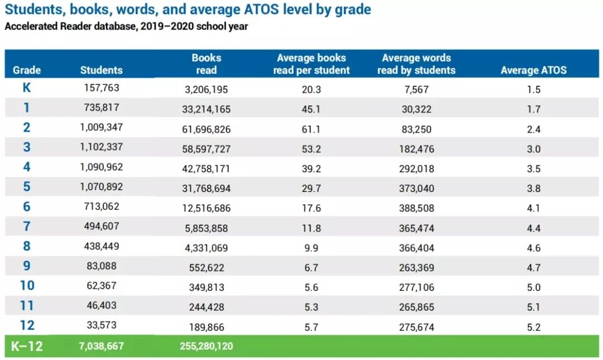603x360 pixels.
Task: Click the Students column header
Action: [x=101, y=70]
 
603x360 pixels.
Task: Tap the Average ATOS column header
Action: [x=533, y=70]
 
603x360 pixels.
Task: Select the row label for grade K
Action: [x=27, y=88]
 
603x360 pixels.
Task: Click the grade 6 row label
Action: [x=27, y=207]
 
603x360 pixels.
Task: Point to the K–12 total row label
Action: [x=27, y=346]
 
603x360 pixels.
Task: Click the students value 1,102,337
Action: [x=101, y=147]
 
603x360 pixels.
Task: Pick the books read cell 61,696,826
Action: [x=206, y=129]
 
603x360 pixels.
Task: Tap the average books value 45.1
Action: [x=311, y=109]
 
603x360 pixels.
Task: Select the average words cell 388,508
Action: [x=417, y=208]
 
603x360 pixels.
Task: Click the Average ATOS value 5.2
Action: [x=533, y=328]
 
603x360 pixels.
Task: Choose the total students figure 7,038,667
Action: [x=101, y=347]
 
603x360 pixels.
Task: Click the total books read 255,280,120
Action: [x=206, y=347]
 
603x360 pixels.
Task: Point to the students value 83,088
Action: [x=101, y=266]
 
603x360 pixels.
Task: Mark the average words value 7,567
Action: [x=417, y=89]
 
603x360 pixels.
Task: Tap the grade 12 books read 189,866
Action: [x=206, y=328]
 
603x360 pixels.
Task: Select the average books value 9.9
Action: [x=311, y=248]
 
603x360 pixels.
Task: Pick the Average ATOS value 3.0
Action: [x=533, y=149]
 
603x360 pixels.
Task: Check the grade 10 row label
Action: [x=27, y=286]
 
